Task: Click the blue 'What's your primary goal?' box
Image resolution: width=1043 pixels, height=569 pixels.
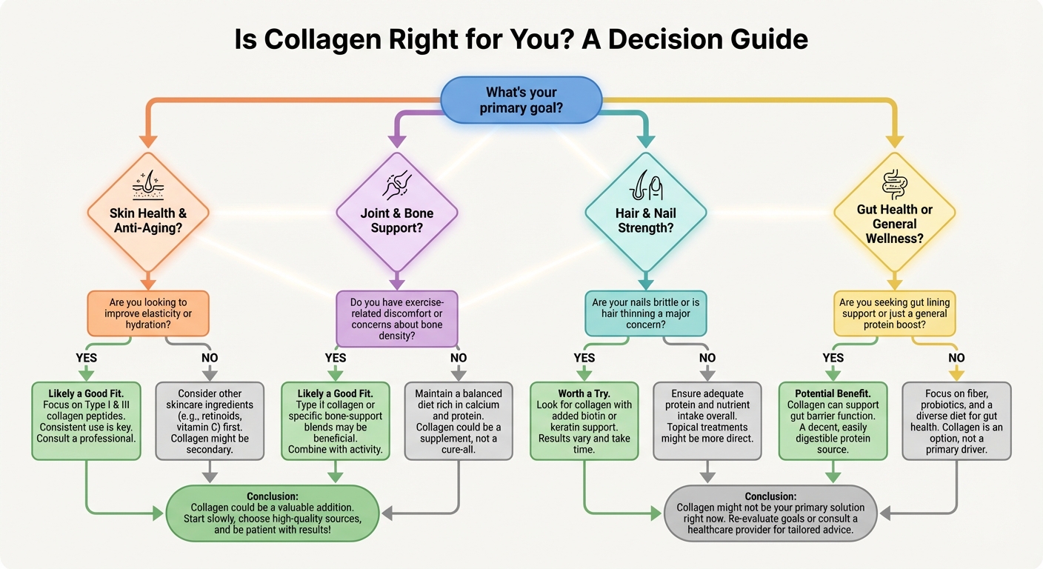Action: point(521,100)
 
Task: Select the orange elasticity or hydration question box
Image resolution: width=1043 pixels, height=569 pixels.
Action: point(148,314)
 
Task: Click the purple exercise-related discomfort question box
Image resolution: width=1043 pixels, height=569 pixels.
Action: point(397,319)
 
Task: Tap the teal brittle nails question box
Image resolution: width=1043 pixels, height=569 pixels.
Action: point(645,314)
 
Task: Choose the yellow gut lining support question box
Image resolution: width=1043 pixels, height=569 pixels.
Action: point(894,314)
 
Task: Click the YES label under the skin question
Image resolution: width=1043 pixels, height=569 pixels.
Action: point(87,358)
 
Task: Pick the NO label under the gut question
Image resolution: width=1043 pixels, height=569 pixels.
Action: point(956,358)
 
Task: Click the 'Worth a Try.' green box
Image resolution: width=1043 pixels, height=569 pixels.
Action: point(584,421)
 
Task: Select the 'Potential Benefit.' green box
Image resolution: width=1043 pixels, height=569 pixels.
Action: point(833,421)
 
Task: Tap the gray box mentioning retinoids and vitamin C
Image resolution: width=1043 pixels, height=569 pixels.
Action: point(210,421)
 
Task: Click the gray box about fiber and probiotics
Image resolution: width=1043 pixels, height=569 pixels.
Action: point(956,421)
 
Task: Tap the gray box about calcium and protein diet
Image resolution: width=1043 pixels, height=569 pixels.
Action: point(459,421)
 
